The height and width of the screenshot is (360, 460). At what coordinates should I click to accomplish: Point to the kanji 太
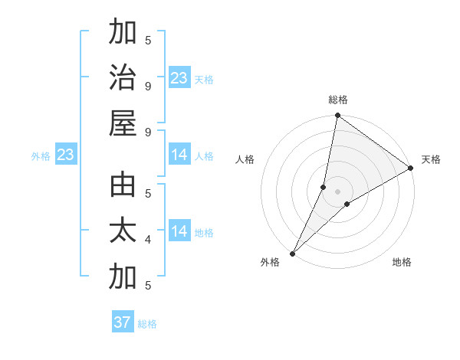point(123,231)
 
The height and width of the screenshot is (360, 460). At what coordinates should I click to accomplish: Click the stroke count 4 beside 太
point(148,240)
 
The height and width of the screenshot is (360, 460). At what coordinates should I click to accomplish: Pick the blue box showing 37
point(123,322)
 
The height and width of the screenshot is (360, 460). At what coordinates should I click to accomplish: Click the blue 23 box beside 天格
point(179,77)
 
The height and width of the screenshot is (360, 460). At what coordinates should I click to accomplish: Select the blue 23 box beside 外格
point(65,155)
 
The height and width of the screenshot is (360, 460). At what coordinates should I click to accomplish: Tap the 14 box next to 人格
point(179,155)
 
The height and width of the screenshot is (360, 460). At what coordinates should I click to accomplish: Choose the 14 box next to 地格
point(179,231)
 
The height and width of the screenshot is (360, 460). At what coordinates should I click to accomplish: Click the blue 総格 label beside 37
point(147,324)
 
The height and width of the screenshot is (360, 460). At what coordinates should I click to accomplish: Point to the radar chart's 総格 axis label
point(338,100)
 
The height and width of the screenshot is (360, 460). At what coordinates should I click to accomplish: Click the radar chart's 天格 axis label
point(431,159)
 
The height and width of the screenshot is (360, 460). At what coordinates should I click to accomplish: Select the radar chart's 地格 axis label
point(402,263)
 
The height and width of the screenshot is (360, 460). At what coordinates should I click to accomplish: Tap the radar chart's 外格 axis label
point(270,263)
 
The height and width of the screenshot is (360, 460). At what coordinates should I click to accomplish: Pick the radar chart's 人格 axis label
point(245,159)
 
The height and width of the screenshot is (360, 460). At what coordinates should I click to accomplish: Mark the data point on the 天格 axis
point(411,168)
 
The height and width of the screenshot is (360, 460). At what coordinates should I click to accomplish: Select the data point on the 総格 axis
point(337,116)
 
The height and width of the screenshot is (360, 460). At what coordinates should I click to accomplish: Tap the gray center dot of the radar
point(337,191)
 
